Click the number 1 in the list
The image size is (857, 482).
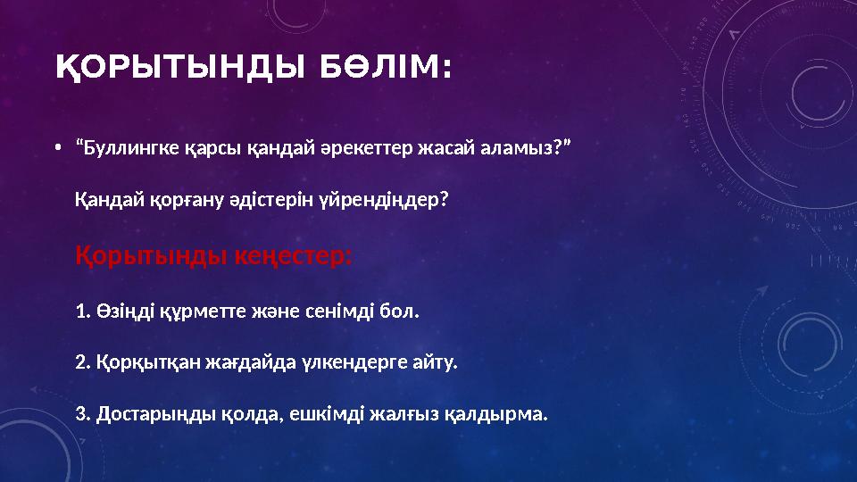(x=81, y=312)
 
